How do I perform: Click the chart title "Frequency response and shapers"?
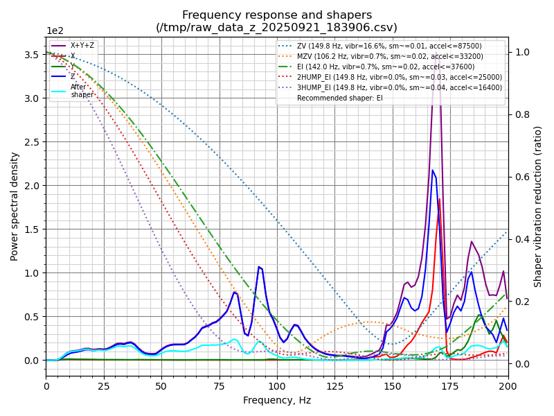(277, 15)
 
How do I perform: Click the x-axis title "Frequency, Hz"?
(277, 400)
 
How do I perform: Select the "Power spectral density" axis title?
(15, 206)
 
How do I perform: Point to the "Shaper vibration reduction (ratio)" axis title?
(538, 206)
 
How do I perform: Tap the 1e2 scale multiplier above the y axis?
(56, 31)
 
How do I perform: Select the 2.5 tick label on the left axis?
(32, 141)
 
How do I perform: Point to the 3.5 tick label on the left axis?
(32, 54)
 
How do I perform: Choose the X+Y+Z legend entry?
(82, 46)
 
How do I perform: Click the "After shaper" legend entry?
(82, 91)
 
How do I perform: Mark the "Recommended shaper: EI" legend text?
(339, 98)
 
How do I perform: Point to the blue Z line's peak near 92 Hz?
(259, 266)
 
